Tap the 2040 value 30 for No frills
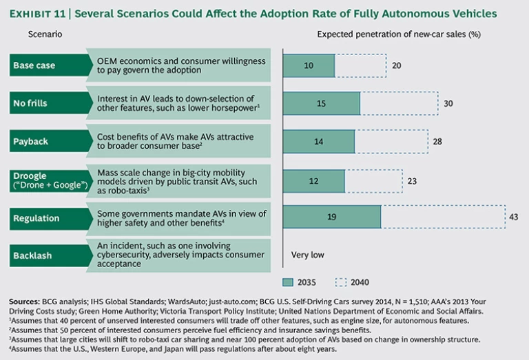[x=448, y=103]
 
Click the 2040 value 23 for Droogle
[x=411, y=180]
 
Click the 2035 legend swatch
[x=290, y=281]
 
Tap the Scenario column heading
[x=45, y=34]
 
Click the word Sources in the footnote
[x=25, y=301]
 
